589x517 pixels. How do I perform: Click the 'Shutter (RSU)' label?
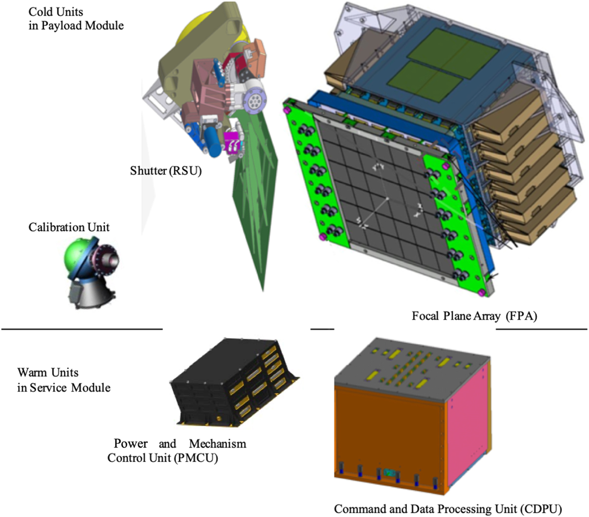point(166,171)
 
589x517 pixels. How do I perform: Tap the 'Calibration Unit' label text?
point(69,227)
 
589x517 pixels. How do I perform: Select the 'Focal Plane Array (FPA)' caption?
point(475,316)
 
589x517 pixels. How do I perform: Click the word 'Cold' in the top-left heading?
point(40,12)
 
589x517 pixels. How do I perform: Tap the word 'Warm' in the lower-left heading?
point(32,373)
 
